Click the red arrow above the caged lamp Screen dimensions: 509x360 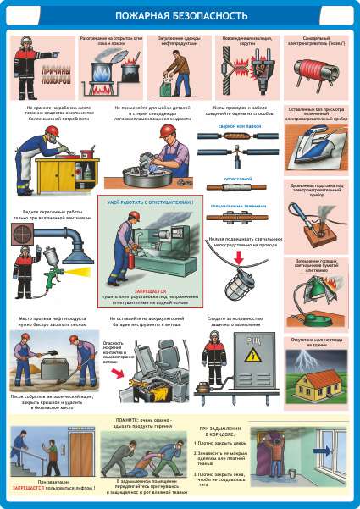240,255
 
